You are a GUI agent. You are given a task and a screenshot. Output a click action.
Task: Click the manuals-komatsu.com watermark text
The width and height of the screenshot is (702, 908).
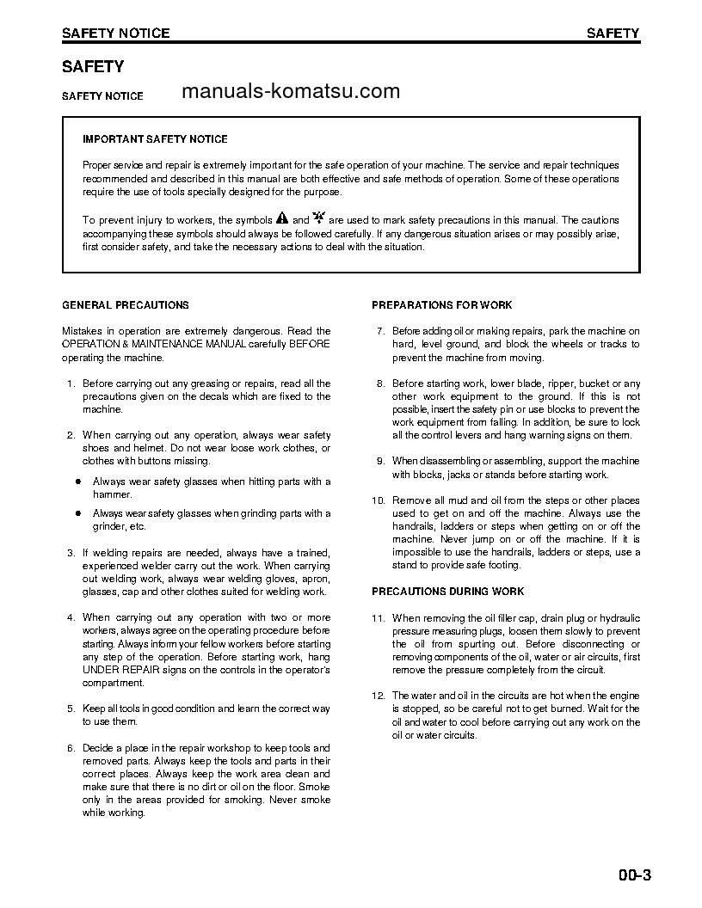292,92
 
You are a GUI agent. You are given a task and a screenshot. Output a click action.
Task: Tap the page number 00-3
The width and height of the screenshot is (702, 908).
634,876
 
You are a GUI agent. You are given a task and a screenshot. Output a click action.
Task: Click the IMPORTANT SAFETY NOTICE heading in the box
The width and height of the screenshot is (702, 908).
155,139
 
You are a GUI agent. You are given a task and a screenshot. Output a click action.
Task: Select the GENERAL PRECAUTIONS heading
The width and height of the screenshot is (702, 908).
126,305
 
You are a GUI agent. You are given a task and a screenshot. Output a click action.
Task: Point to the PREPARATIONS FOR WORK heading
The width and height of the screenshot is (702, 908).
441,305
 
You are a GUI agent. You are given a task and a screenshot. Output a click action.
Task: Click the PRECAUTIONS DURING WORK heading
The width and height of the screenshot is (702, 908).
447,592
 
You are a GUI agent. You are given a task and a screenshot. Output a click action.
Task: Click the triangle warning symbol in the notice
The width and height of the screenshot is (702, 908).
281,218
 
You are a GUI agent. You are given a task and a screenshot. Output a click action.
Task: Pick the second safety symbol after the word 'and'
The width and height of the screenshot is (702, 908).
319,218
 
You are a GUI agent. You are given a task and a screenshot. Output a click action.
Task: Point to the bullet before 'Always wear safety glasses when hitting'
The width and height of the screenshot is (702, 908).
77,482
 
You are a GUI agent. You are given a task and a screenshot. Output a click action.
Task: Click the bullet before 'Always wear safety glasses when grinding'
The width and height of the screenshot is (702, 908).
77,513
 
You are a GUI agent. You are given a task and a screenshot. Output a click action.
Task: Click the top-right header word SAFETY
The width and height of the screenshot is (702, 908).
613,34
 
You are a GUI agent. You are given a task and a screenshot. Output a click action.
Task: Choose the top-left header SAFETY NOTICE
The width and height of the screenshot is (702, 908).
115,34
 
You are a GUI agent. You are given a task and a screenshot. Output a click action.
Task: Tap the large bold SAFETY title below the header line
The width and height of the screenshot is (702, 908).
93,66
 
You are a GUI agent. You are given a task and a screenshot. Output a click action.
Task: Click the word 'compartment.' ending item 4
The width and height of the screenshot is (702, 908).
114,683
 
